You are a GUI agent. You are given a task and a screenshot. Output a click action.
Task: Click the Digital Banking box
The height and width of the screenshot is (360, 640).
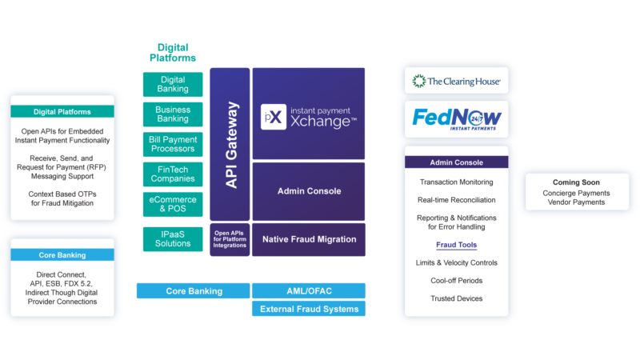(173, 84)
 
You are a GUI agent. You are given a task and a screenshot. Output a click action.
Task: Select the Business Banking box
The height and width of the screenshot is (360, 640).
(173, 114)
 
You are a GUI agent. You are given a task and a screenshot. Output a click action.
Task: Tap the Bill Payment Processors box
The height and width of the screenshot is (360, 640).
(173, 144)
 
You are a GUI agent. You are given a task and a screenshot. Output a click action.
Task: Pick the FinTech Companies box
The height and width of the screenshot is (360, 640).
(173, 174)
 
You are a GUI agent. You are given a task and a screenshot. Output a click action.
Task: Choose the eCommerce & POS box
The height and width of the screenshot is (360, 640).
(173, 203)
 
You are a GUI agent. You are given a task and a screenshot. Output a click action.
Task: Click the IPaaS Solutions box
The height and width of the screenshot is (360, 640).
(173, 238)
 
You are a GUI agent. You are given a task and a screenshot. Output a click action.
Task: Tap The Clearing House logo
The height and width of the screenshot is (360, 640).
(455, 81)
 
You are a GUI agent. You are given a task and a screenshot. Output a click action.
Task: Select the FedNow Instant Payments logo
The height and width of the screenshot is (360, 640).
(457, 119)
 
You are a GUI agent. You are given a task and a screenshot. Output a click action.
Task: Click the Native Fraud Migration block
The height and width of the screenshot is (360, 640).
(308, 239)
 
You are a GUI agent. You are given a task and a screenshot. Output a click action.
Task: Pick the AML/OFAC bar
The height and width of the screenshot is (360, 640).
(308, 290)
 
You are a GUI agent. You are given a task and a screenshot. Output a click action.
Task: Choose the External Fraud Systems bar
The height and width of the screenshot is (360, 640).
(308, 309)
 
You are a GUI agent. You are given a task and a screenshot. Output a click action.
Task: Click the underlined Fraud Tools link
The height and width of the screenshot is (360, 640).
(456, 245)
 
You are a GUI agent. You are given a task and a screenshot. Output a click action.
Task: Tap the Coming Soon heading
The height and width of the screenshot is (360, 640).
(570, 182)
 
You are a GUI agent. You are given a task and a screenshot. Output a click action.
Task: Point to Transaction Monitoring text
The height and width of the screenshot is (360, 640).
(456, 182)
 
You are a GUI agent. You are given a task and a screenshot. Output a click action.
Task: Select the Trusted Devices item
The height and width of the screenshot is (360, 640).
(456, 298)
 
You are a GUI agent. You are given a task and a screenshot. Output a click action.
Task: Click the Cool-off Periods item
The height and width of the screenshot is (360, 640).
(456, 281)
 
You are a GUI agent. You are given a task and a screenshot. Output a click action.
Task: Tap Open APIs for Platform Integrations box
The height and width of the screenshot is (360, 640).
(230, 238)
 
